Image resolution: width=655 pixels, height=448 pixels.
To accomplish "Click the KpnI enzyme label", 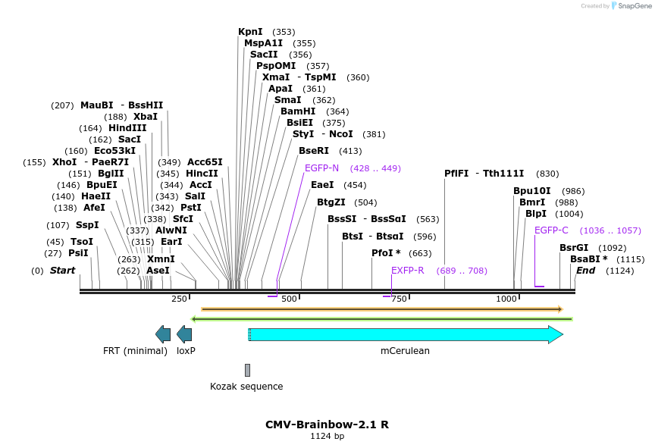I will pos(250,32).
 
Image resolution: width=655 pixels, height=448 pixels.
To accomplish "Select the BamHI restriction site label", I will pos(298,111).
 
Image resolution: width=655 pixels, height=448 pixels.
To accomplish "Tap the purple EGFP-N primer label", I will pos(321,168).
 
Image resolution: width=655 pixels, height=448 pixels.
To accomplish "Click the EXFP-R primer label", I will pos(407,271).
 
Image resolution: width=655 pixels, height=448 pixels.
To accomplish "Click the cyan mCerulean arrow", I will pos(406,334).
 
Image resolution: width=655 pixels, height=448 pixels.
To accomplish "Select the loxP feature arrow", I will pos(184,334).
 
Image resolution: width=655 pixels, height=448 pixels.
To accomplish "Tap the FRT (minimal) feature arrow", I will pos(162,334).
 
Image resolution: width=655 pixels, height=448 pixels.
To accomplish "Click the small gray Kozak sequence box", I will pos(247,370).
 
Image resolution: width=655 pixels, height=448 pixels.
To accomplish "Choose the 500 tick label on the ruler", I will pos(289,299).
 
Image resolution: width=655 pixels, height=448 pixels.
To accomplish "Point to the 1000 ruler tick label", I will pos(506,299).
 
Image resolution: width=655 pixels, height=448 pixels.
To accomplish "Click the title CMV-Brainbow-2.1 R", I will pos(327,425).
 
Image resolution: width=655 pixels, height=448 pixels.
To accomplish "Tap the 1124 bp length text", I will pos(327,437).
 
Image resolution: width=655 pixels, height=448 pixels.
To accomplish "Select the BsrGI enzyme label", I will pos(574,248).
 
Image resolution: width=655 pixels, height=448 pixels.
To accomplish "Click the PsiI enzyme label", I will pos(78,253).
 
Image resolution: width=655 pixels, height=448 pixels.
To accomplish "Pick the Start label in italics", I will pos(62,271).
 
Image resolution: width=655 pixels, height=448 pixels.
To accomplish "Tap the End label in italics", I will pos(585,271).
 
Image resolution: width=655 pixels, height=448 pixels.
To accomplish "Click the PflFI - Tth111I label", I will pos(484,174).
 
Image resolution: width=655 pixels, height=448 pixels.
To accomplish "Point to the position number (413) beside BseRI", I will pos(350,151).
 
